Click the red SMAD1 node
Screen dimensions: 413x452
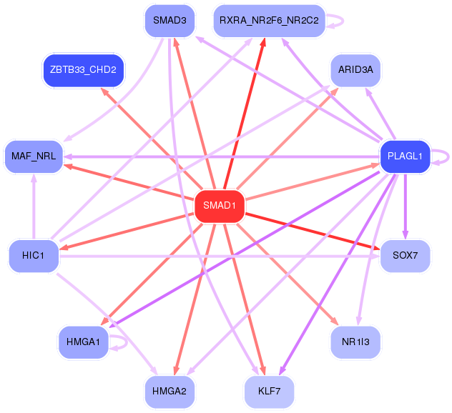220,206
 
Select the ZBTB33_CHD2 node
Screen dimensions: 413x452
84,69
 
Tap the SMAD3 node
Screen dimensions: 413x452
169,20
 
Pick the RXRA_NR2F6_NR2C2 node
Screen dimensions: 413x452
270,20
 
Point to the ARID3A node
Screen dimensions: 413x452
355,69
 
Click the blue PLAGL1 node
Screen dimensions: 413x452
404,156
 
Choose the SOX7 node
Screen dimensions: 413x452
404,255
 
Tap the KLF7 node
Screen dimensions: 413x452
270,391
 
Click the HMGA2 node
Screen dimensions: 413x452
169,391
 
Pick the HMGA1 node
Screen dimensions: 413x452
84,342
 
